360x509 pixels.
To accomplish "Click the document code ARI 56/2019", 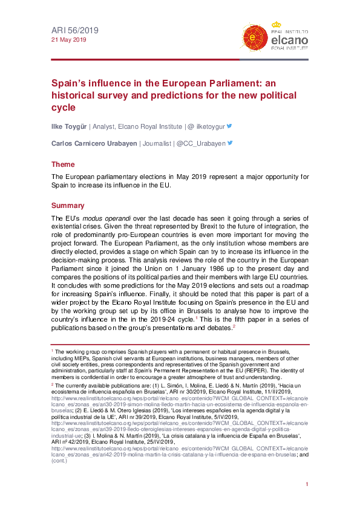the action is [x=74, y=30].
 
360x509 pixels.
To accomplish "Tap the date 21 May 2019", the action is [x=68, y=40].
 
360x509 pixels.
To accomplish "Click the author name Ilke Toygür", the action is [x=68, y=126].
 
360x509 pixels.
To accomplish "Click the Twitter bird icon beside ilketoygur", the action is [x=229, y=126].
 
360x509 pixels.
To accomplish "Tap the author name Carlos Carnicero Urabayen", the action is [x=94, y=143].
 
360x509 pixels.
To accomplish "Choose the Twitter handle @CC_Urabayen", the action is [x=201, y=143].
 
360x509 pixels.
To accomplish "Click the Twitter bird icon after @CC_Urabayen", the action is [x=230, y=143].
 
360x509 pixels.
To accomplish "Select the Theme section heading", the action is [x=63, y=164].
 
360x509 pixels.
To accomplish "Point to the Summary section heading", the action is [x=68, y=206].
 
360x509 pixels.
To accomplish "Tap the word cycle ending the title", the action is [x=63, y=108].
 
